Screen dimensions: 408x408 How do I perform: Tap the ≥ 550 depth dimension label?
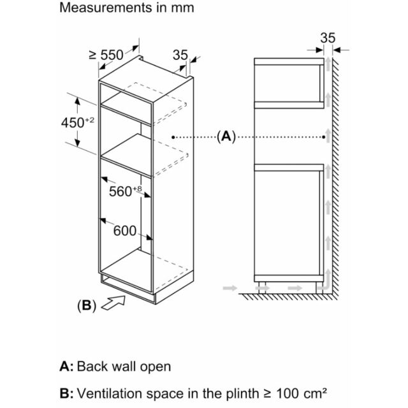pos(106,55)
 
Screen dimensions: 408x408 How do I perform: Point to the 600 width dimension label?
pos(125,231)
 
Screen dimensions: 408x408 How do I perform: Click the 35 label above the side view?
pos(328,38)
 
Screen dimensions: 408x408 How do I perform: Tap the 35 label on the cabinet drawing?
pos(180,55)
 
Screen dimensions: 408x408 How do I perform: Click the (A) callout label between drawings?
pos(226,136)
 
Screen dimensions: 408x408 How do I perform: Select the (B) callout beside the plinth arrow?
pos(87,305)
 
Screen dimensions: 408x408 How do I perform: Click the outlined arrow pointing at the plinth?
pos(113,303)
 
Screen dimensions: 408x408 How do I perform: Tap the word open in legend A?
pos(156,367)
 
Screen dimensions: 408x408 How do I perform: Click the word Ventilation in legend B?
pos(110,393)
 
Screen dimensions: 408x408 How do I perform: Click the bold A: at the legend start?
pos(66,367)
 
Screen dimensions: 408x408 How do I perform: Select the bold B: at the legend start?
pos(66,393)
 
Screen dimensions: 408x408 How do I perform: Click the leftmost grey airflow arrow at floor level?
pos(230,288)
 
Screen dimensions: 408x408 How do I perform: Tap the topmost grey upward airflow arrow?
pos(328,64)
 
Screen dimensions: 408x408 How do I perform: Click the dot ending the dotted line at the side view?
pos(324,137)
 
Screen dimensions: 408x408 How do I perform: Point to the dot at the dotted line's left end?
pos(173,137)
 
